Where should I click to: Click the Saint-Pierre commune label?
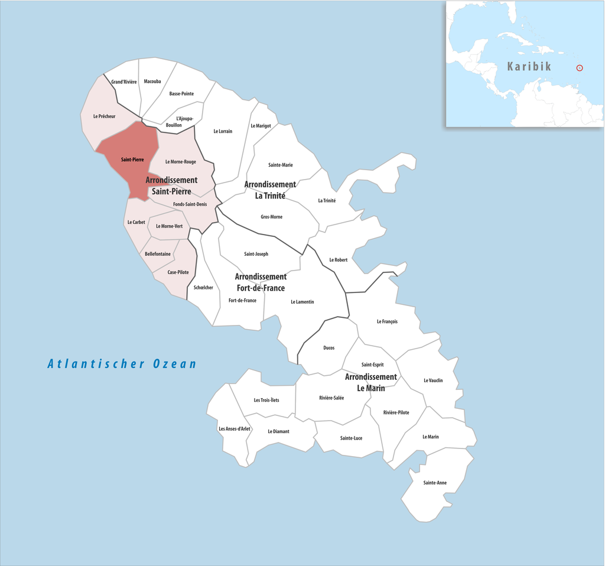132,160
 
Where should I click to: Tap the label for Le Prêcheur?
104,116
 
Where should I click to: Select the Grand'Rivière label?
124,82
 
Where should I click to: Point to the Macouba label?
152,82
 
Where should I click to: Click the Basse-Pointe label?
181,94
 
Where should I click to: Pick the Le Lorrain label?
223,131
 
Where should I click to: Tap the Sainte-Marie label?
280,165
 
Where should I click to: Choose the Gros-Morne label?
271,217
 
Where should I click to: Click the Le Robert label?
339,260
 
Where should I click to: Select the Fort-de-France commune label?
242,301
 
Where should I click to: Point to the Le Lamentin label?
302,302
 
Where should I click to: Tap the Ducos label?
329,348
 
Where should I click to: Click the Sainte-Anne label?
435,483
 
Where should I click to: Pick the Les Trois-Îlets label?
266,400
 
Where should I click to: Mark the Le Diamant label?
278,431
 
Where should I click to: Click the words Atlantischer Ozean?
122,364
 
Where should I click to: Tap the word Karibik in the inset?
529,66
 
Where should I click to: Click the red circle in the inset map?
580,67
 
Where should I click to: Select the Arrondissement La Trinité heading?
270,190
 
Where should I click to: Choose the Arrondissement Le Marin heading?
370,382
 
